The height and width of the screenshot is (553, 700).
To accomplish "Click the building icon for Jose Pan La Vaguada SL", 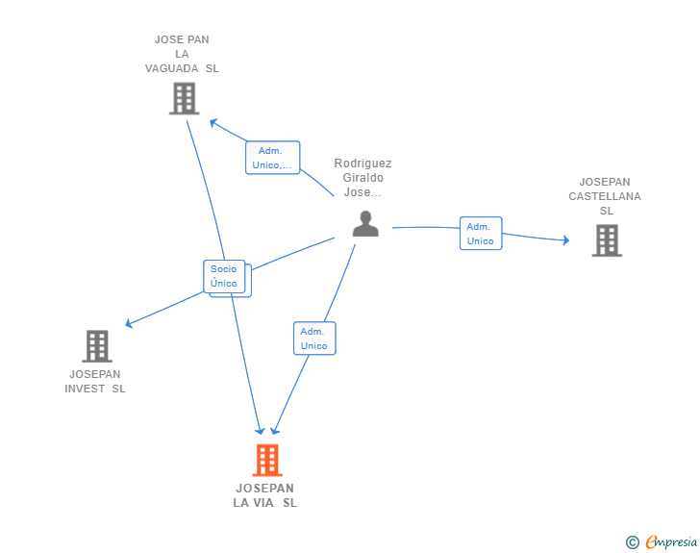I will click(184, 98).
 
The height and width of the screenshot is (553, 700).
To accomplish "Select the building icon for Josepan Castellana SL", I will click(607, 240).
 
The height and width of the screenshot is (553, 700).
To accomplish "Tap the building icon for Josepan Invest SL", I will click(96, 346).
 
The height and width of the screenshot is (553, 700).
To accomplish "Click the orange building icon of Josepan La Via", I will click(267, 460).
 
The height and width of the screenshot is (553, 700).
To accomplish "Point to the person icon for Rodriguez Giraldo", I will click(365, 223).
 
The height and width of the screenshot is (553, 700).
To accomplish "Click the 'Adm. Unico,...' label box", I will click(272, 158).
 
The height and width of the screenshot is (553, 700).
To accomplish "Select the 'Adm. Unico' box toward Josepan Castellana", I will click(481, 234).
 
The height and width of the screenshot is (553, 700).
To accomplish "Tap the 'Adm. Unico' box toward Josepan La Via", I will click(313, 339).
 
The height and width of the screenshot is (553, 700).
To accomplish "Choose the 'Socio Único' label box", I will click(224, 276).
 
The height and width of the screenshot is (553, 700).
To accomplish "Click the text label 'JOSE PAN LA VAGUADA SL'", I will click(182, 54).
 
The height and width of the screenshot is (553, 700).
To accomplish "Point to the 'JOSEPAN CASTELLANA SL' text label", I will click(605, 196).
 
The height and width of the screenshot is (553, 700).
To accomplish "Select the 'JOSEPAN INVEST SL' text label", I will click(95, 381).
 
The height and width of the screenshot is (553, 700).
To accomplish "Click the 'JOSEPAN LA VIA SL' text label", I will click(265, 495).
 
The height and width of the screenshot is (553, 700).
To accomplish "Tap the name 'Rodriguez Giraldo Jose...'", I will click(362, 178).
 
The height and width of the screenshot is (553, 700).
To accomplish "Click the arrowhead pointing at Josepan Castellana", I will click(565, 239).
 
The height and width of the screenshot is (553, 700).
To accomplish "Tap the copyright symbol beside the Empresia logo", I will click(632, 542).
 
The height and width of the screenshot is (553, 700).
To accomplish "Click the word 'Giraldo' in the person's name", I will click(362, 178).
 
